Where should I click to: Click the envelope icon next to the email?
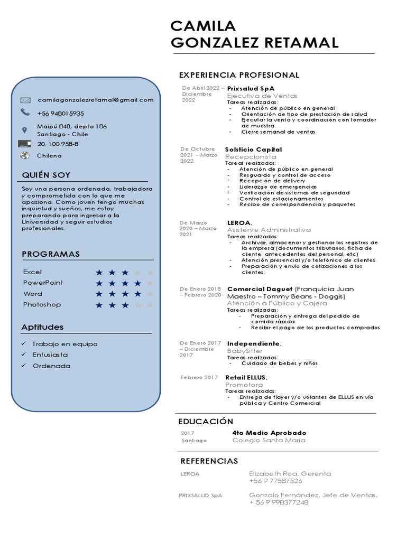[x=25, y=100]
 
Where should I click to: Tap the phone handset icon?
[x=25, y=112]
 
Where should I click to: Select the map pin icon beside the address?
[x=24, y=130]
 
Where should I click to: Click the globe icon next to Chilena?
[x=24, y=155]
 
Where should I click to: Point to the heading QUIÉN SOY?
[x=46, y=175]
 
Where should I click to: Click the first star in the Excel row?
[x=99, y=273]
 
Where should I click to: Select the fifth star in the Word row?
[x=150, y=294]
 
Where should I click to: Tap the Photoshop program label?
[x=42, y=305]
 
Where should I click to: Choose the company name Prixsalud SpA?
[x=251, y=88]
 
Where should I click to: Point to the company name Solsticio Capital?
[x=253, y=150]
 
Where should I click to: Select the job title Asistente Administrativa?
[x=269, y=230]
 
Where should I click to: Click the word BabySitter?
[x=245, y=351]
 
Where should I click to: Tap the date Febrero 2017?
[x=199, y=377]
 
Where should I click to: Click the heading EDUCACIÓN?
[x=206, y=422]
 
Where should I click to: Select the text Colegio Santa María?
[x=269, y=440]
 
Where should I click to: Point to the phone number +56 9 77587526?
[x=275, y=481]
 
